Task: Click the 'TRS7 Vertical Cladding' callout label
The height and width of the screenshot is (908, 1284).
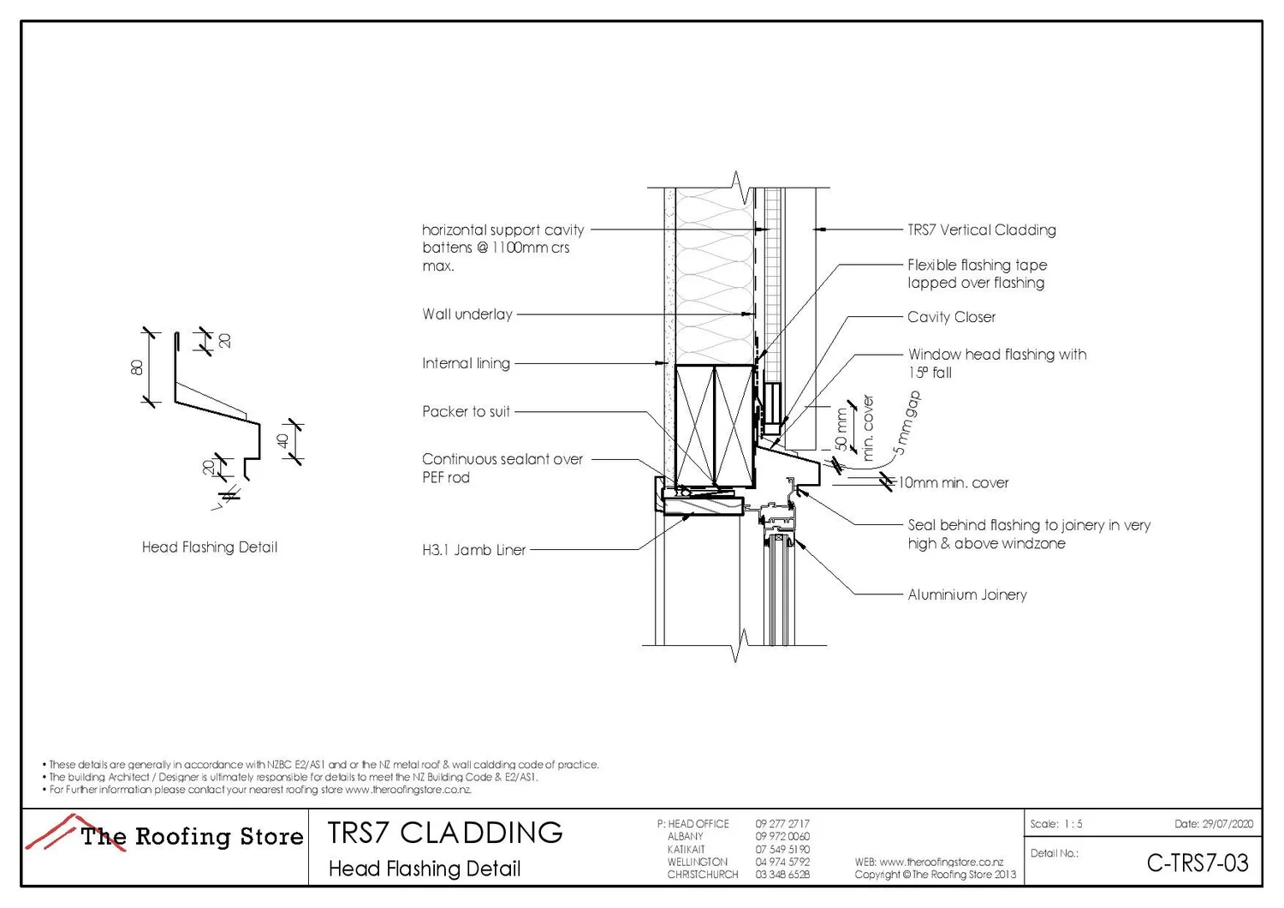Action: click(x=981, y=230)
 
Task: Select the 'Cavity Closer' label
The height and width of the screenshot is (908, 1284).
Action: click(x=951, y=317)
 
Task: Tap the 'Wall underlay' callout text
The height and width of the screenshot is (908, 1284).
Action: click(x=467, y=314)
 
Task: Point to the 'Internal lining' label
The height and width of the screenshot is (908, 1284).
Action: click(x=466, y=363)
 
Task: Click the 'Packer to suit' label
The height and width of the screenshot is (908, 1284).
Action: click(x=466, y=411)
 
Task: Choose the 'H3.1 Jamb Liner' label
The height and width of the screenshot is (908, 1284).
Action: click(x=473, y=550)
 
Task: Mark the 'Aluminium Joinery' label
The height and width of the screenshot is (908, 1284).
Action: click(x=966, y=594)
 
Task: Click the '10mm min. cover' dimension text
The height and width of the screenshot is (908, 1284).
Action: click(x=953, y=483)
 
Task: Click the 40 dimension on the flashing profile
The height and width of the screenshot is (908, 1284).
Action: click(x=282, y=441)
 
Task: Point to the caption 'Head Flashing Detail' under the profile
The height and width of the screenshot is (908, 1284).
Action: click(x=210, y=547)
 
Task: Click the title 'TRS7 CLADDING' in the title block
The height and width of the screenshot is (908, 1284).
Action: click(x=445, y=833)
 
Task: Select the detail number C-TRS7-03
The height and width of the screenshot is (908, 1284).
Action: click(x=1197, y=863)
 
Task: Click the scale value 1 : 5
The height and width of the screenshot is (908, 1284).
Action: click(x=1073, y=824)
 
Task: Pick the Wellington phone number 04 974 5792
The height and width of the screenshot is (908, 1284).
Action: click(x=782, y=862)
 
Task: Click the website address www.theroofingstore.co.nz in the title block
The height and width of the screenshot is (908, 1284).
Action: click(x=941, y=862)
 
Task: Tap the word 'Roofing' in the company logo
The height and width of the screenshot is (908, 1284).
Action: click(x=183, y=836)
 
